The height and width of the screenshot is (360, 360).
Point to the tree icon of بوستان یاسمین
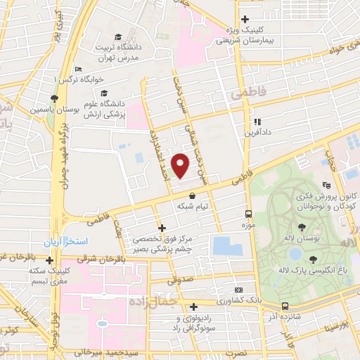coord(54,98)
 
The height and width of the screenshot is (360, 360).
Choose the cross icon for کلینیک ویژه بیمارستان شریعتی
coord(245,19)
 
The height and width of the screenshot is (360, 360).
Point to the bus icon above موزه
coord(248,213)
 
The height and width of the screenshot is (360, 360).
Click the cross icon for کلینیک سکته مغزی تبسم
coord(49,261)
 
